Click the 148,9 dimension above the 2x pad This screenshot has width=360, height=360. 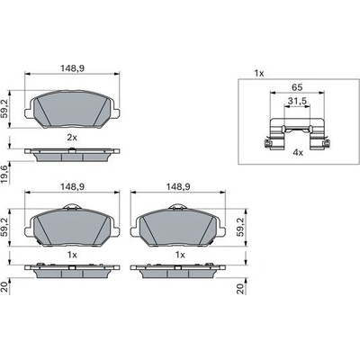[x=72, y=68]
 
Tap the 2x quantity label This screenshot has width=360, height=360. [x=72, y=138]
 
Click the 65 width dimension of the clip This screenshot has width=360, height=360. [x=297, y=87]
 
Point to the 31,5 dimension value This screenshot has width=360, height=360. [x=297, y=101]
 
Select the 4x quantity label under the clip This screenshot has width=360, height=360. [x=298, y=153]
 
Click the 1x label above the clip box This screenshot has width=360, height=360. [x=259, y=73]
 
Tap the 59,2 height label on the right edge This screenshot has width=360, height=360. [x=241, y=228]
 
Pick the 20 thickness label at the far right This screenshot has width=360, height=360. [x=241, y=289]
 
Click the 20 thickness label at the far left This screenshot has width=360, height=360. [x=5, y=287]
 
